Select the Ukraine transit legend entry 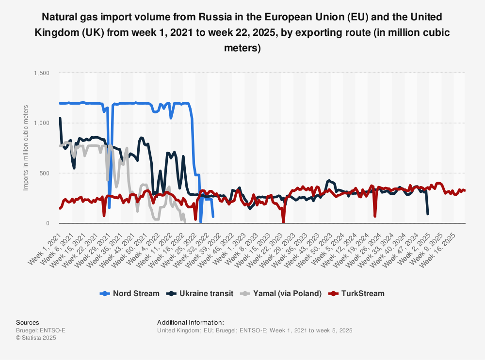(x=199, y=293)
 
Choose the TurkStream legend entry (x=356, y=293)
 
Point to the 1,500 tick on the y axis (x=41, y=73)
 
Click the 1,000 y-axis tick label (x=41, y=123)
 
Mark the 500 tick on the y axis (x=44, y=173)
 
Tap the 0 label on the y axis (x=48, y=223)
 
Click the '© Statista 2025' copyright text (x=36, y=338)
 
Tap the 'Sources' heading (x=28, y=322)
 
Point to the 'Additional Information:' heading (x=191, y=322)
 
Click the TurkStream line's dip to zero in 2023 (x=284, y=222)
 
